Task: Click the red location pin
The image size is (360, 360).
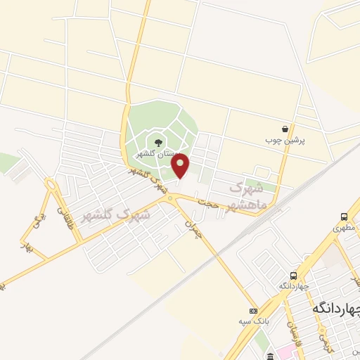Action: (x=181, y=166)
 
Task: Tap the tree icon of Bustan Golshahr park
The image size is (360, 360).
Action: (x=157, y=143)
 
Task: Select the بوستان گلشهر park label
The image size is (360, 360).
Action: (x=157, y=154)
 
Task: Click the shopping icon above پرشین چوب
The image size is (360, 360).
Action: (x=285, y=129)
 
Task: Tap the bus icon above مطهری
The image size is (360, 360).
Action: (x=345, y=217)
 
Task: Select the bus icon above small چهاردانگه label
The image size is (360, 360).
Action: (x=293, y=276)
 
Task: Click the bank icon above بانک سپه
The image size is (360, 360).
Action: (x=253, y=311)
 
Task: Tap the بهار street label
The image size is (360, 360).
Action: (x=30, y=247)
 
